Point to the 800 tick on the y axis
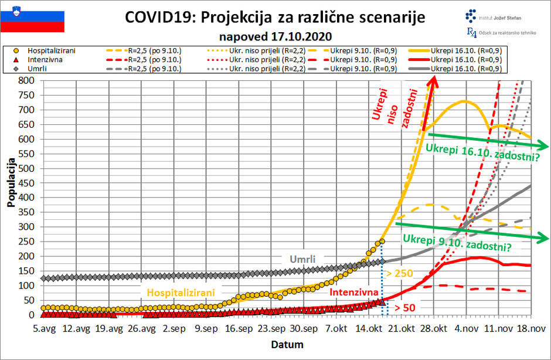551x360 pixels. pyautogui.click(x=28, y=80)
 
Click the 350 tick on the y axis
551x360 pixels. pyautogui.click(x=28, y=212)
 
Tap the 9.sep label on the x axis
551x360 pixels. pyautogui.click(x=207, y=329)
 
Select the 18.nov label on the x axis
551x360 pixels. pyautogui.click(x=530, y=329)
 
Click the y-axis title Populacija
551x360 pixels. pyautogui.click(x=11, y=182)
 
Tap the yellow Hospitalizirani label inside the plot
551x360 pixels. pyautogui.click(x=181, y=292)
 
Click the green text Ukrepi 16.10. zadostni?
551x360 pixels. pyautogui.click(x=482, y=157)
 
